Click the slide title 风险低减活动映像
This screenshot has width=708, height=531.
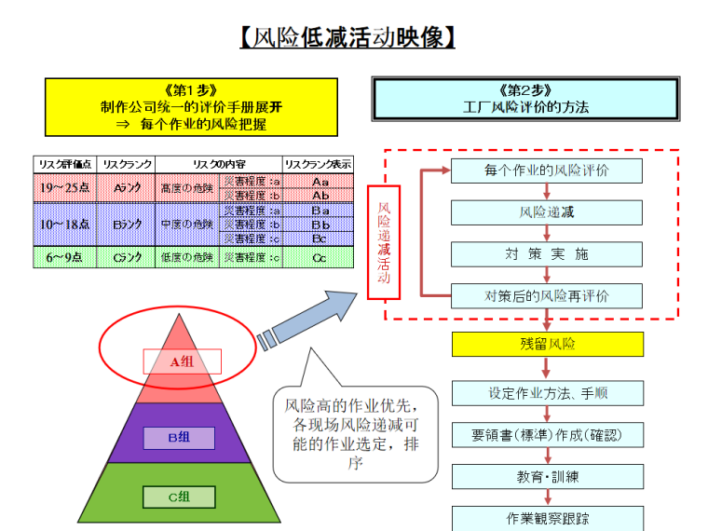347,38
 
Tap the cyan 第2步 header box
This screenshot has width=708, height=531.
525,99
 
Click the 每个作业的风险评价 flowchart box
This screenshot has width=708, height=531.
547,170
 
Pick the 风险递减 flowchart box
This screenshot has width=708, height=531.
547,212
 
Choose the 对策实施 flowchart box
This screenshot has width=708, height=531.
547,254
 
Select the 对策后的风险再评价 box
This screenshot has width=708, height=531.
547,296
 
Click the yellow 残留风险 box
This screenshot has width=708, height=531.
547,344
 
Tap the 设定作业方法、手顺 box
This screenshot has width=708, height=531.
547,393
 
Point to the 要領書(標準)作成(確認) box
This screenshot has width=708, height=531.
547,435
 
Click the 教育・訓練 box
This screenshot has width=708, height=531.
547,477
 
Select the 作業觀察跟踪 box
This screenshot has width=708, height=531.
547,518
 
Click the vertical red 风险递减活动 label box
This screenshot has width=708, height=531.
384,242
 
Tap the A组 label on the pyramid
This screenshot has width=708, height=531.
182,361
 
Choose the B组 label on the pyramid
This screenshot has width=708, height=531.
179,437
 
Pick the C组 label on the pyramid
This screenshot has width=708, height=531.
179,497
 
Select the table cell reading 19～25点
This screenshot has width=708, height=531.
65,188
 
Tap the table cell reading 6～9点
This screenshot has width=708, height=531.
65,257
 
